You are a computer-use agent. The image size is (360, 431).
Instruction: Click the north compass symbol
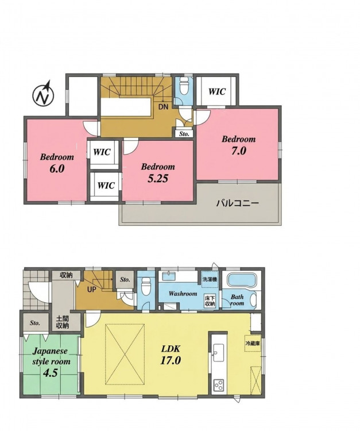coord(44,94)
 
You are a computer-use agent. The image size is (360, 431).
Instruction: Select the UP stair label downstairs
coord(92,290)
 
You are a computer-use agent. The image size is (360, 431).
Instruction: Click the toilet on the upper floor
coord(183,85)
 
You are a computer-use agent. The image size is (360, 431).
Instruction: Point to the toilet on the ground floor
coord(145,286)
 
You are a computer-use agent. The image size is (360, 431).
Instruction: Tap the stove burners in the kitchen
coord(219,385)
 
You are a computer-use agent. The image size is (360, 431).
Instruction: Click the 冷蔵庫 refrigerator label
coord(253,343)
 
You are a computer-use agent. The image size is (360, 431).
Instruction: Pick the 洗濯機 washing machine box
coord(210,279)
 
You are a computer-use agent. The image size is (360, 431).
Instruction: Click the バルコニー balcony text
coord(238,203)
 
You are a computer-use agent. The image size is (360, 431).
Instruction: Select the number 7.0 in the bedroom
coord(239,151)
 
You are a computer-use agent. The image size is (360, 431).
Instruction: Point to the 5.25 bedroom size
coord(158,179)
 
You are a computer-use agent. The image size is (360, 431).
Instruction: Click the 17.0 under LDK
coord(171,360)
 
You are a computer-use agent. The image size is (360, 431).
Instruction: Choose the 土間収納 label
coord(63,322)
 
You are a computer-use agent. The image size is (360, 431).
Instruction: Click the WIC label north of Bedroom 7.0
coord(216,91)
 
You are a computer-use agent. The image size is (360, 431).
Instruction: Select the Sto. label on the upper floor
coord(184,134)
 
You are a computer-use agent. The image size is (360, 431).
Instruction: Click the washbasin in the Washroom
coord(169,276)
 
